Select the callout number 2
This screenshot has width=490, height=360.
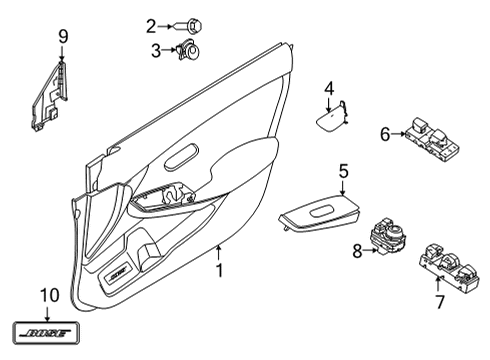[x=151, y=26]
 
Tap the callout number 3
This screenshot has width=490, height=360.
[x=155, y=50]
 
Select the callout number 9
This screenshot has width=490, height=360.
[x=62, y=38]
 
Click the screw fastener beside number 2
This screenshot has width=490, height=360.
[x=188, y=27]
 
